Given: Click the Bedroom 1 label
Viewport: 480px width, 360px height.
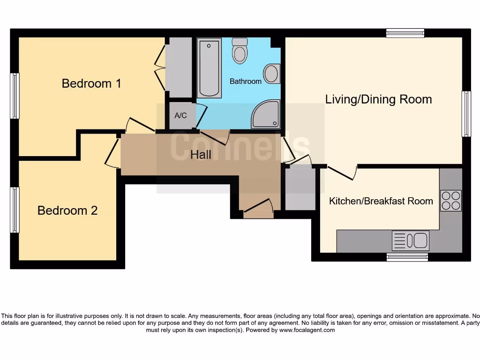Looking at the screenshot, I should point(91,83).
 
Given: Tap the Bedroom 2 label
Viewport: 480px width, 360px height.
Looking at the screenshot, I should point(67,210).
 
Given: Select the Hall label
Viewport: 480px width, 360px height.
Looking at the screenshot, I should point(201,155).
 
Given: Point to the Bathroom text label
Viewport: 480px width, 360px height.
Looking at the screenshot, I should point(245,82).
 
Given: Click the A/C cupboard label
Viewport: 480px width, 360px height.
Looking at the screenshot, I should point(180,115).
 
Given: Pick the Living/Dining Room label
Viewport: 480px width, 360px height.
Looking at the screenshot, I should point(378,99).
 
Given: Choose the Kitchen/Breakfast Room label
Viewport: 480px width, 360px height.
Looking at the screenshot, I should point(381,201).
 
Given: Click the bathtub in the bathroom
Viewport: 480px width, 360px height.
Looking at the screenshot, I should point(209,68).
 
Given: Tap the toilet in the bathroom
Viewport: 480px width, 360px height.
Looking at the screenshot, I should point(240,50).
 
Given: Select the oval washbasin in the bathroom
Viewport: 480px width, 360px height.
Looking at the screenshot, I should point(271,74).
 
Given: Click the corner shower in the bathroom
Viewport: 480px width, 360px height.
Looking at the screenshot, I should point(266,115).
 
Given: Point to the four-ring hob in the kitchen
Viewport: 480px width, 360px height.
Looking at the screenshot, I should point(450,201).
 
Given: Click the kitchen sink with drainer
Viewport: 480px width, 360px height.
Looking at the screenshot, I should point(410,241).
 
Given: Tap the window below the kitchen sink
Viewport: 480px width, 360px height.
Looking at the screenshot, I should point(407,257).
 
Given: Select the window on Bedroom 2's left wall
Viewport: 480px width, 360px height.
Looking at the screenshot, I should point(15,210).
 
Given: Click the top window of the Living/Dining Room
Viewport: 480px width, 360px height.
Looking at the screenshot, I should point(405,33).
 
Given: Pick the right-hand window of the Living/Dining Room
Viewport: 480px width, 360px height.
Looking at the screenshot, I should point(466,114).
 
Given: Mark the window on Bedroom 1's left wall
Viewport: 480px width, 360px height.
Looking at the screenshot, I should point(15,96).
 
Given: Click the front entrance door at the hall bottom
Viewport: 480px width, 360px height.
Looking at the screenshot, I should point(258,209).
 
